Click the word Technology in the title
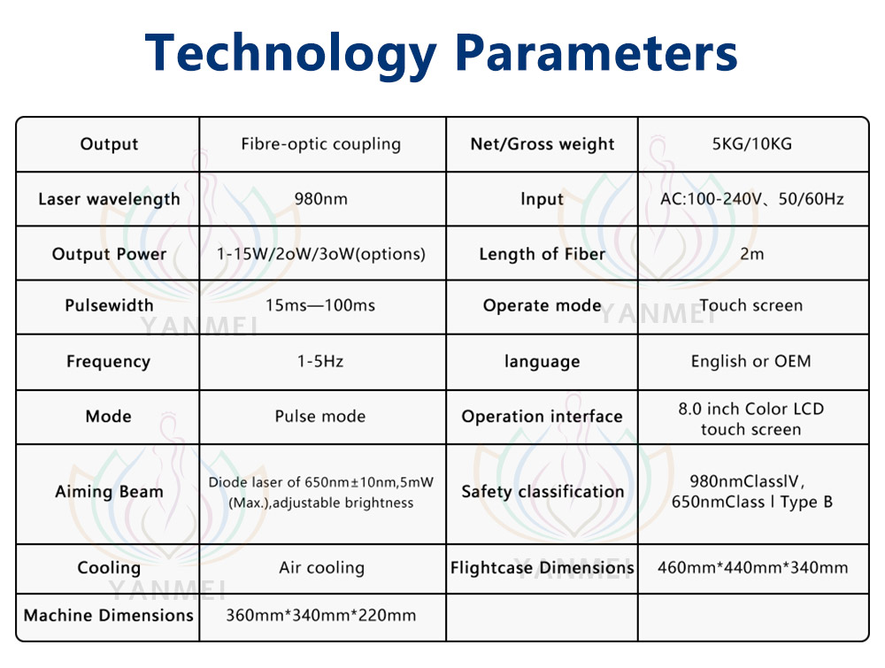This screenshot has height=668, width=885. coord(290,54)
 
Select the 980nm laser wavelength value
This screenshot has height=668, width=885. coord(320,198)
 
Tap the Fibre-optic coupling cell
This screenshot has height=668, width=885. coord(320,144)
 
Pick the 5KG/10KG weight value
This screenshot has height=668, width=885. coord(751,144)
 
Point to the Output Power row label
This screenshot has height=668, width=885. coord(109,254)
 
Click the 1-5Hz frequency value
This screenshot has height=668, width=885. coord(320,361)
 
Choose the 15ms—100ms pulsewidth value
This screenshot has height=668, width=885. coord(320,305)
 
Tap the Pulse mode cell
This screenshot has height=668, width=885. coord(320,417)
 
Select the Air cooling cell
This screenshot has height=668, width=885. coord(322,567)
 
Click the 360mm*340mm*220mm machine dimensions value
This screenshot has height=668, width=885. coord(320,615)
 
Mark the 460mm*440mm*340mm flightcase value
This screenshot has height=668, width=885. coord(752,567)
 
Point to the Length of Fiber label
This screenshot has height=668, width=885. coord(542,255)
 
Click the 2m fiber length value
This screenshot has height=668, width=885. coord(751,254)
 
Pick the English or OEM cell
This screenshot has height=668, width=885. coord(750,361)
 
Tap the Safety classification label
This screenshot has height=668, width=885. coord(543,491)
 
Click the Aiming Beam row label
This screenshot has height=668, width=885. coord(109,492)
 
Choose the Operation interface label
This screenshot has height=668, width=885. coord(542,417)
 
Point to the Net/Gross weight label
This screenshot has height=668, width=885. coord(542,144)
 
